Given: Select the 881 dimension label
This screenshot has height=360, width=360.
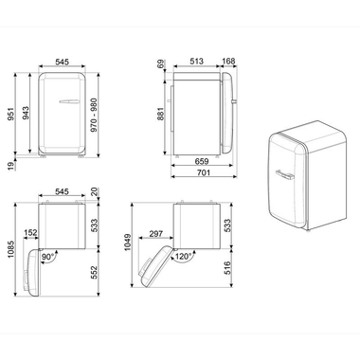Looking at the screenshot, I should click(162, 115).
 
